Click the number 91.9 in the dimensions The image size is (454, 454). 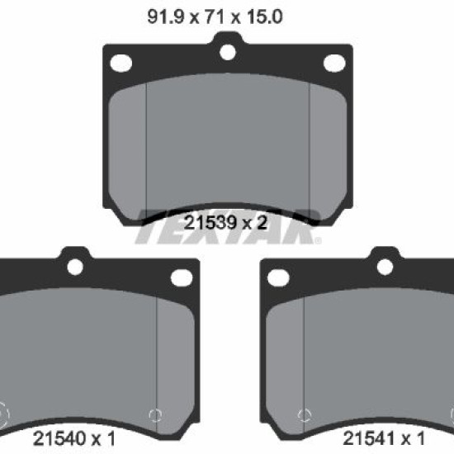pyautogui.click(x=166, y=17)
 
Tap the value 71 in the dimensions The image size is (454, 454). pyautogui.click(x=215, y=17)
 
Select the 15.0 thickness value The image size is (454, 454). pyautogui.click(x=265, y=17)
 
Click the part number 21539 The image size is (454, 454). pyautogui.click(x=210, y=223)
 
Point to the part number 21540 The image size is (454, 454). pyautogui.click(x=59, y=438)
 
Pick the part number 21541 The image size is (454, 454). pyautogui.click(x=369, y=438)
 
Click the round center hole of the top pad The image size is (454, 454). pyautogui.click(x=228, y=52)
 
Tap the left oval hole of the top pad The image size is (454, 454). pyautogui.click(x=121, y=63)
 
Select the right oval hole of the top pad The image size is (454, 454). pyautogui.click(x=334, y=63)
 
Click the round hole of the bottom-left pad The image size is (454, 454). pyautogui.click(x=75, y=267)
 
